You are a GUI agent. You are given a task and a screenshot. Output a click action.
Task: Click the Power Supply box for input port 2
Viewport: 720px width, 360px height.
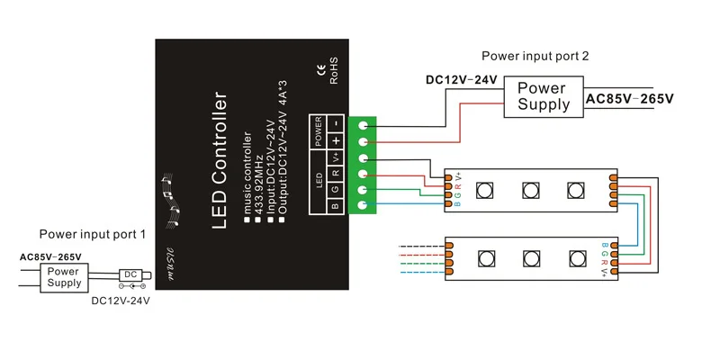pos(544,96)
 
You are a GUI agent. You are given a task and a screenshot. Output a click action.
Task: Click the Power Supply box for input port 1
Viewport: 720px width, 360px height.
pos(64,276)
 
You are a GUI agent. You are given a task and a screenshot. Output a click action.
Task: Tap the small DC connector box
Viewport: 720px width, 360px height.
pos(131,274)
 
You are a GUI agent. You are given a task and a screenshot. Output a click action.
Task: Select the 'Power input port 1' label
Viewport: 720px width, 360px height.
pos(92,234)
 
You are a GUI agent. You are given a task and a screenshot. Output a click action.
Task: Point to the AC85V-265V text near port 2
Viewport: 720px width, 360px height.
pos(629,97)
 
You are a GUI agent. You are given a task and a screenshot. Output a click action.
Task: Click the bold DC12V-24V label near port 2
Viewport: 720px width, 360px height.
pos(461,79)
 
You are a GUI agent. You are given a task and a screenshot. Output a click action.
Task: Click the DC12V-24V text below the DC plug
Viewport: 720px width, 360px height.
pos(121,301)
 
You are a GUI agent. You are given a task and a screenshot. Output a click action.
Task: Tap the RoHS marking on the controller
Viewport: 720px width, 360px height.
pos(332,71)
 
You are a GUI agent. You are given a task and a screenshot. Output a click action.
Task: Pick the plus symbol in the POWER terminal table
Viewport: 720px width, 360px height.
pos(334,141)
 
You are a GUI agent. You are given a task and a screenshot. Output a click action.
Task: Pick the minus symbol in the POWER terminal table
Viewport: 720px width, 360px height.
pos(334,122)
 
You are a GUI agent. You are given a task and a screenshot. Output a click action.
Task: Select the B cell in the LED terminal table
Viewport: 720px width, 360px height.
pos(334,205)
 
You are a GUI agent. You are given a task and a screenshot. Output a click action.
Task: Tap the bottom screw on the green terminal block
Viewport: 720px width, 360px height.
pos(364,206)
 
